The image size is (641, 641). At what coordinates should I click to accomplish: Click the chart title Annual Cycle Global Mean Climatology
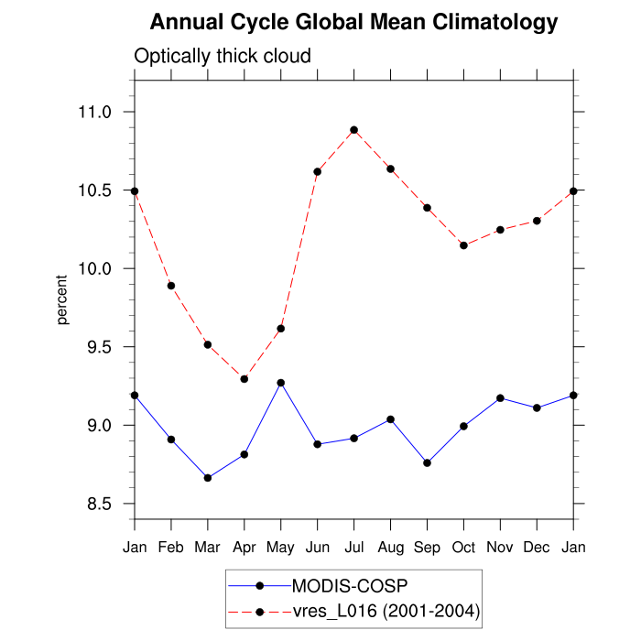click(353, 21)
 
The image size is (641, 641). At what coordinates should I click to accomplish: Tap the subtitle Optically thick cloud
click(223, 56)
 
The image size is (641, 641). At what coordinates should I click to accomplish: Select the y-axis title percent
click(62, 299)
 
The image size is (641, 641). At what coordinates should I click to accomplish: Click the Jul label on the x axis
click(354, 547)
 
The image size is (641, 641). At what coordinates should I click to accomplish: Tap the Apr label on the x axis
click(244, 547)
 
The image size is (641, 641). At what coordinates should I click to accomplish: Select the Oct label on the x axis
click(464, 547)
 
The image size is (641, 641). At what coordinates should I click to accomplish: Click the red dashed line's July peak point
click(354, 130)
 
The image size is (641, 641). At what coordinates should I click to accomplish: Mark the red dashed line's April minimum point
click(244, 378)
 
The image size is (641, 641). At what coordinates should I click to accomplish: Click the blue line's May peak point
click(281, 383)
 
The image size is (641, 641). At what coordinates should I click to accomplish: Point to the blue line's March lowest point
click(208, 478)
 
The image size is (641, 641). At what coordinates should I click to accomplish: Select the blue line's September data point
click(428, 462)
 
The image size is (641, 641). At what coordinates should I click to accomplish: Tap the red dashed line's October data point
click(464, 245)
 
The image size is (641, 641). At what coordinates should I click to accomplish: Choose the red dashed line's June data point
click(318, 171)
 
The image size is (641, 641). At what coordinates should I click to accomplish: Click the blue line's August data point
click(391, 419)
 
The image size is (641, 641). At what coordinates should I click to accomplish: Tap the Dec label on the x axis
click(538, 547)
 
